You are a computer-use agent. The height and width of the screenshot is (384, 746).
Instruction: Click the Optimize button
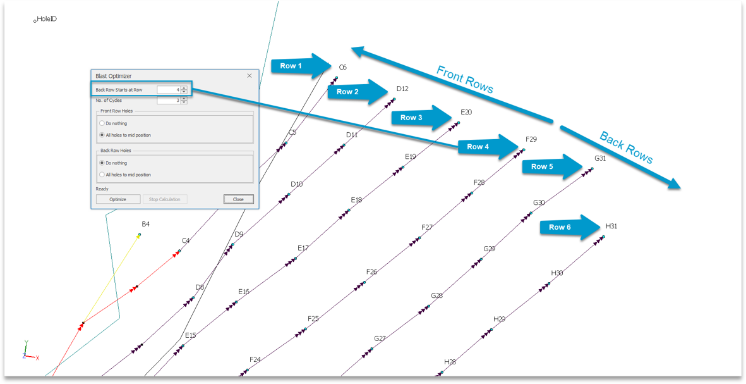tap(118, 199)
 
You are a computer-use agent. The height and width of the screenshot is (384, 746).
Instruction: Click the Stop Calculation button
tap(165, 199)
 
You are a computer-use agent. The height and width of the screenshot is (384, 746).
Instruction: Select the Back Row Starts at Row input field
tap(169, 90)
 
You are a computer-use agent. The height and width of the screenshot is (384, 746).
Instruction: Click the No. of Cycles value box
tap(169, 101)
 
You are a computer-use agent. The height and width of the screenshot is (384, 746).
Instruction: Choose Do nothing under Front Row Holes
tap(113, 123)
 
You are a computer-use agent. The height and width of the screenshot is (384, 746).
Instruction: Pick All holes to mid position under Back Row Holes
tap(125, 175)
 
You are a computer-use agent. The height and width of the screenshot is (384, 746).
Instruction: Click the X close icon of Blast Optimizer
tap(250, 76)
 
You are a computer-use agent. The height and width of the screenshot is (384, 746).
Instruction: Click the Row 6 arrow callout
tap(570, 227)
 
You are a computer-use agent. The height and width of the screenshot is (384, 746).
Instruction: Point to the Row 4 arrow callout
tap(488, 147)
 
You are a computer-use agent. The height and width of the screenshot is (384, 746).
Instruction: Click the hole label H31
tap(611, 226)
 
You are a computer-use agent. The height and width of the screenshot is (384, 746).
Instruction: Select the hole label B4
tap(145, 224)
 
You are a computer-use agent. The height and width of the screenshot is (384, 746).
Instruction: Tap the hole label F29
tap(531, 139)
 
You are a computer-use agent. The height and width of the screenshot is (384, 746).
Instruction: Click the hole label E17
tap(304, 248)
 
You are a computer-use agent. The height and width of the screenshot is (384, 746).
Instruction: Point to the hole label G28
tap(436, 296)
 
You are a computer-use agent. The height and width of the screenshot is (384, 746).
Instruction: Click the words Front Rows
tap(465, 79)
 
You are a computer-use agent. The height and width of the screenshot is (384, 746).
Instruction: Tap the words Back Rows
tap(625, 147)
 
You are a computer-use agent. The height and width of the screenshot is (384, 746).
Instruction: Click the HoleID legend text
tap(47, 19)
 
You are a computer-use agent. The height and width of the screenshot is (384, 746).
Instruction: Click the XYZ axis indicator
tap(30, 350)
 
